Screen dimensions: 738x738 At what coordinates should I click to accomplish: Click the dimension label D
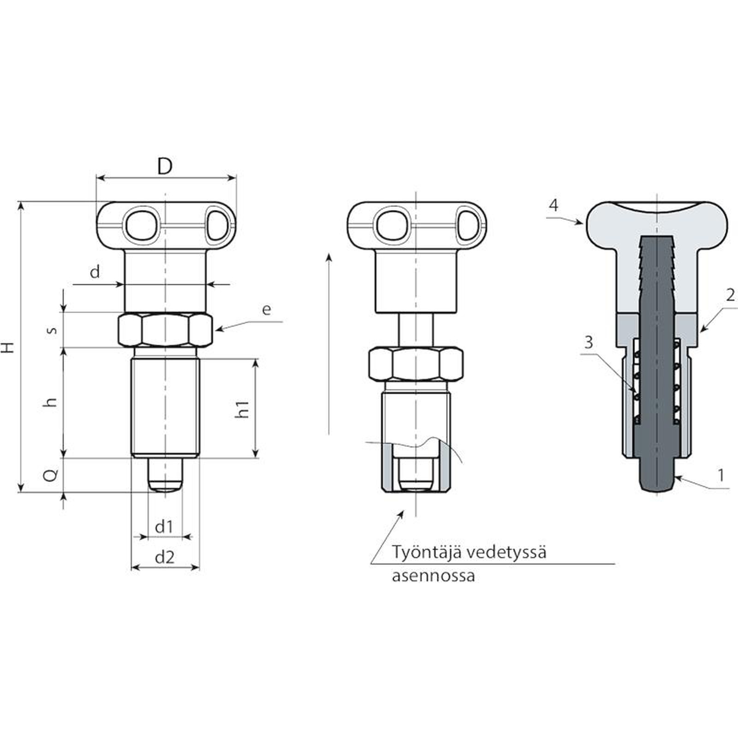pos(165,166)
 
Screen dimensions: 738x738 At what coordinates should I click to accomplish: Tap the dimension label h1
pos(243,409)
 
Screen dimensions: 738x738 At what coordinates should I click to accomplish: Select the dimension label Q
pos(53,475)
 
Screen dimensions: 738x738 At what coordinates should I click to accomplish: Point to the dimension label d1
pos(164,526)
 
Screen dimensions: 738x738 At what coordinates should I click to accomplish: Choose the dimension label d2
pos(165,557)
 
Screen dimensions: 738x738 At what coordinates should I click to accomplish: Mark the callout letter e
pos(267,309)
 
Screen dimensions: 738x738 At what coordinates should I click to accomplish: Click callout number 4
pos(553,205)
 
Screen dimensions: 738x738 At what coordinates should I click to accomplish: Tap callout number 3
pos(588,342)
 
